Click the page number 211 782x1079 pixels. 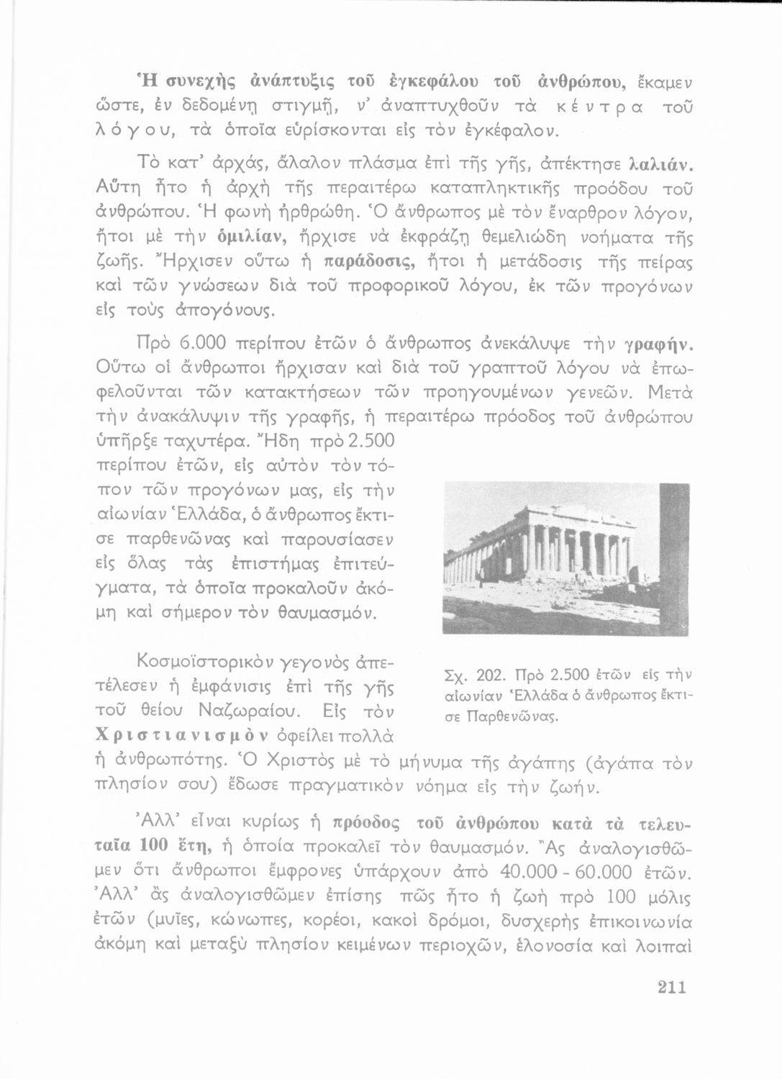(672, 987)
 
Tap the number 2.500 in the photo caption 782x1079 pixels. (569, 675)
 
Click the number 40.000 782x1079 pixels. (532, 872)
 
